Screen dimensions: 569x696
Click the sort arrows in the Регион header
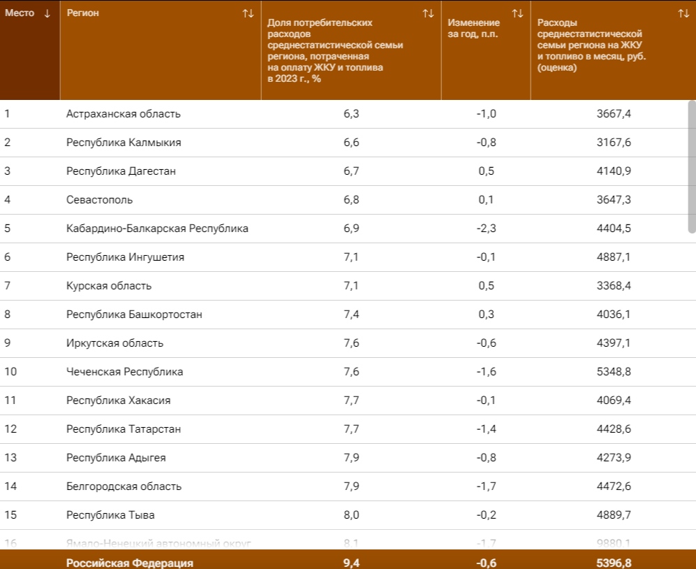pos(248,13)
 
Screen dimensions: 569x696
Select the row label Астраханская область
pos(124,114)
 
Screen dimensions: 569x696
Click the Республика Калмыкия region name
pos(124,143)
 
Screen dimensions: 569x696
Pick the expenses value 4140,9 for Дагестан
pos(614,171)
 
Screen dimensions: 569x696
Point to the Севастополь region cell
pos(99,200)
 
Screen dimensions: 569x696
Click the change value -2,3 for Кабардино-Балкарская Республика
pos(486,229)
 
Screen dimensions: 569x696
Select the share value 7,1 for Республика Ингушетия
pos(351,257)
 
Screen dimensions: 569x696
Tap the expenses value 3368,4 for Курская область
pos(614,286)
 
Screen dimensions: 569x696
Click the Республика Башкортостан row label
pos(134,315)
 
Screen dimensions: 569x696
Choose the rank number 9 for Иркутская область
pos(8,343)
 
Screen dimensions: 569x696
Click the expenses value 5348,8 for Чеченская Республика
pos(614,372)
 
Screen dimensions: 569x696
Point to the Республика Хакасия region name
pos(119,401)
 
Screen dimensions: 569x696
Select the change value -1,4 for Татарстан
pos(486,429)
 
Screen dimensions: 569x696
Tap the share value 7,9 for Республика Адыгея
pos(351,458)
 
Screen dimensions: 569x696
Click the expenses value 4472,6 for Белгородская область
pos(614,487)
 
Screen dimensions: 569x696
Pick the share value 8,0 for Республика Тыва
pos(351,515)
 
